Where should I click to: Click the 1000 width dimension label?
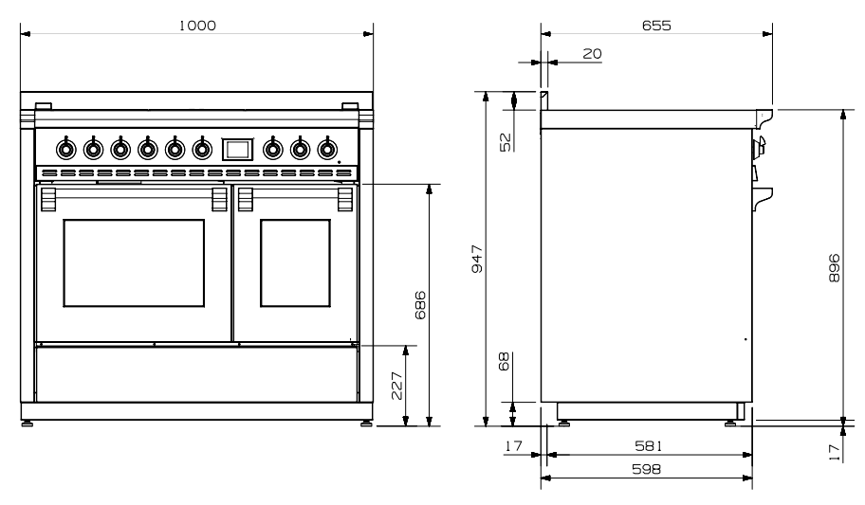coord(198,26)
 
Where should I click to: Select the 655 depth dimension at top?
coord(654,26)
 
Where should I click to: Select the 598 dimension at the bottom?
coord(647,468)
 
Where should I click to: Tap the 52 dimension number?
coord(506,141)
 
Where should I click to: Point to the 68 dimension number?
coord(505,361)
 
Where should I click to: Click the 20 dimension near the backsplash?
coord(592,54)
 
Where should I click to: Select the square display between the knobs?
coord(237,149)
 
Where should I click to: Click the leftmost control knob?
coord(65,149)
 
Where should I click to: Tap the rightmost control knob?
coord(326,149)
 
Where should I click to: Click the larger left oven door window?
coord(134,262)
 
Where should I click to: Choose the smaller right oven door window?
coord(295,262)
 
